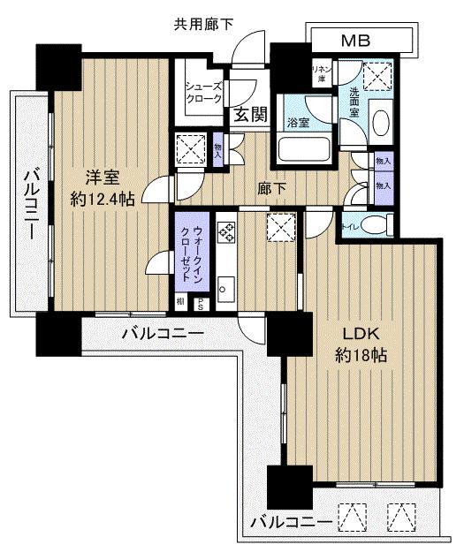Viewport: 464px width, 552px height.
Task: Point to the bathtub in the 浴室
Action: point(303,147)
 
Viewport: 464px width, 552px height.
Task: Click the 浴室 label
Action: point(297,124)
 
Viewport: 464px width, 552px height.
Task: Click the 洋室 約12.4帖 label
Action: point(103,187)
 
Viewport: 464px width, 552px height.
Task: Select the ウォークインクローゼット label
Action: point(194,256)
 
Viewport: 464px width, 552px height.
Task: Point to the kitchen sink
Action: point(224,286)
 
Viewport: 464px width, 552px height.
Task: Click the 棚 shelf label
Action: point(180,302)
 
